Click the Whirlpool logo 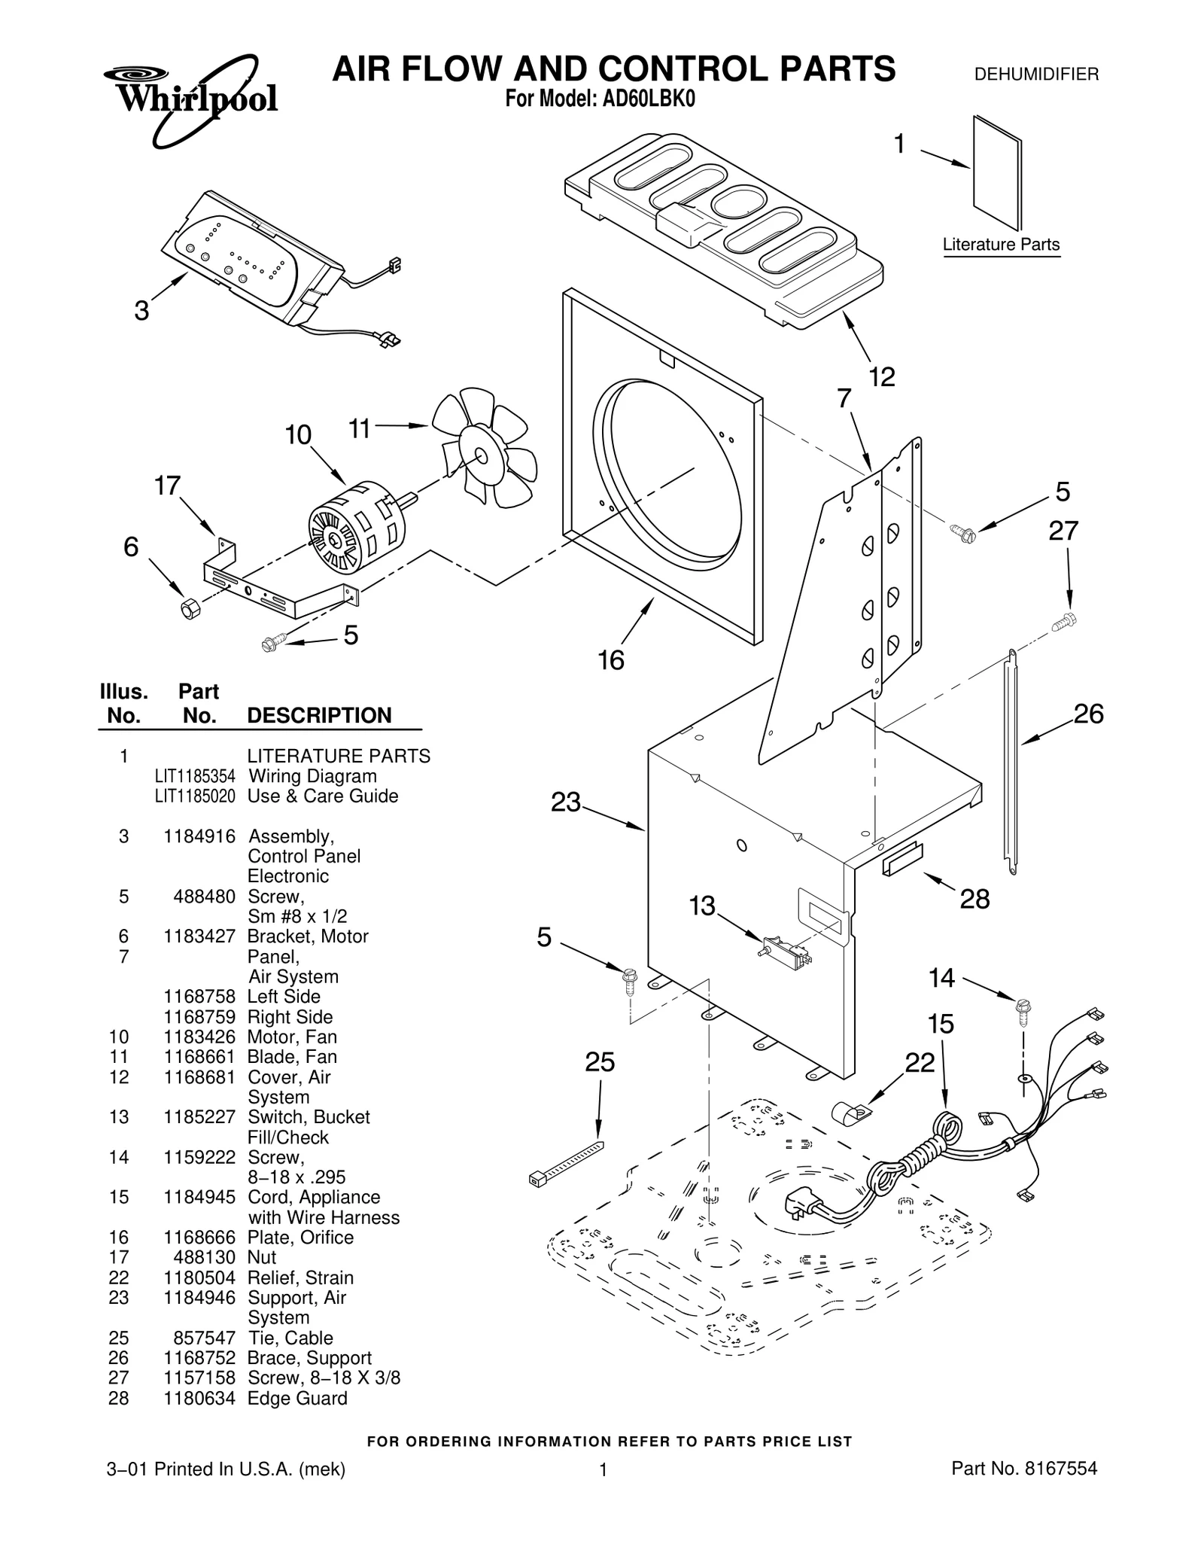tap(192, 98)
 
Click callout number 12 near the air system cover tap(881, 376)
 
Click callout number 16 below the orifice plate tap(610, 660)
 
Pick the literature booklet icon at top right tap(996, 172)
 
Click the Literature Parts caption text tap(1000, 245)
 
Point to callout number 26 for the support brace tap(1087, 713)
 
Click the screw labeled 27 tap(1064, 621)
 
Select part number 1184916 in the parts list tap(199, 836)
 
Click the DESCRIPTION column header tap(319, 715)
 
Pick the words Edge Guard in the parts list tap(297, 1398)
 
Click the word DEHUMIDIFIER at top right tap(1036, 75)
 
